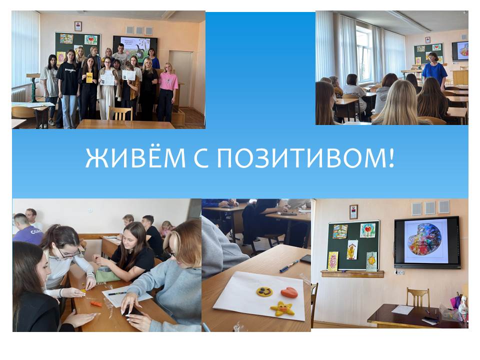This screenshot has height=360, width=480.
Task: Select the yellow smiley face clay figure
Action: [x=264, y=291]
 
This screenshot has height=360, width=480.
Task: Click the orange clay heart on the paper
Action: [x=289, y=292]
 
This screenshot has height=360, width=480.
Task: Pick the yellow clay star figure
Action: [x=282, y=308]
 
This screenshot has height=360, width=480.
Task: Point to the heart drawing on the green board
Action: [x=367, y=230]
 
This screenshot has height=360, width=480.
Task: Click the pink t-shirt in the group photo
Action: [x=168, y=81]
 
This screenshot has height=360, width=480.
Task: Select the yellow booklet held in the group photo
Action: [x=89, y=78]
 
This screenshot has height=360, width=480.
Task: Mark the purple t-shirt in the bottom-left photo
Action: [x=27, y=235]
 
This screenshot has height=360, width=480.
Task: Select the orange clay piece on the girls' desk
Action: [x=96, y=304]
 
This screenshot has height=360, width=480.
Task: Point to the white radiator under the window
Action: [x=19, y=95]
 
